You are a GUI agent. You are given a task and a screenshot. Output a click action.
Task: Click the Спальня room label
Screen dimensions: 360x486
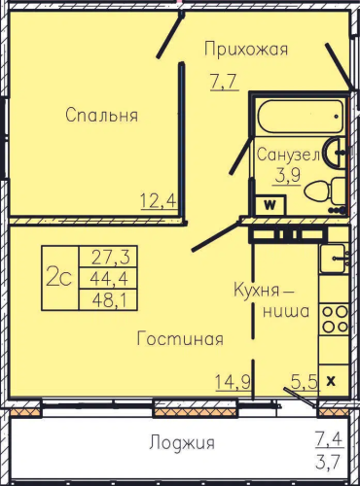102,115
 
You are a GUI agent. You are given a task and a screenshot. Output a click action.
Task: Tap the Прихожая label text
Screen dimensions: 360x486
246,50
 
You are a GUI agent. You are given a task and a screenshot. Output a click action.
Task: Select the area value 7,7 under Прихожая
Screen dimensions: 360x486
225,82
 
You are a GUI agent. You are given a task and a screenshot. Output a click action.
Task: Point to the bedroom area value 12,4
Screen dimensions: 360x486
159,200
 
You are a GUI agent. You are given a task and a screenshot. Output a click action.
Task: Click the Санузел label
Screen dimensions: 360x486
289,155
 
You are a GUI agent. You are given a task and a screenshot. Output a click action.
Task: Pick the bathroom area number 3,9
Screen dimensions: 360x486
287,175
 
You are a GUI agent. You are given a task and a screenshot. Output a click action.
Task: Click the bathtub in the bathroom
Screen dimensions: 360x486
301,116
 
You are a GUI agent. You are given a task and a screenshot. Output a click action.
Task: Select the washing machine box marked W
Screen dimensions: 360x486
270,205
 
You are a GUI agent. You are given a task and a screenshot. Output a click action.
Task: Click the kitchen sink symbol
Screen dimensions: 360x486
333,259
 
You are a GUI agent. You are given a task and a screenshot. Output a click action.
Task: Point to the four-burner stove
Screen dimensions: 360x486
335,320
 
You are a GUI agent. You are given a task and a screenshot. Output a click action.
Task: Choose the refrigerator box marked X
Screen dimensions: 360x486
331,381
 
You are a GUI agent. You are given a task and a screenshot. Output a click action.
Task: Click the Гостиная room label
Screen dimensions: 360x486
180,339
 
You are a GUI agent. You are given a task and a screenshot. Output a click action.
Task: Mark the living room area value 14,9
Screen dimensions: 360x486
233,382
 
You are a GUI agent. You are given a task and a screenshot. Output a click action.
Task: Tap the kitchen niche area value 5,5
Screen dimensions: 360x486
304,382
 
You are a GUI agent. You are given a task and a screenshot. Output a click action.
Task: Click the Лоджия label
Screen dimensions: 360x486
182,442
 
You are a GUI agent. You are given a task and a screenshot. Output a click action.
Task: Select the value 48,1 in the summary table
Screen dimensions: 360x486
110,300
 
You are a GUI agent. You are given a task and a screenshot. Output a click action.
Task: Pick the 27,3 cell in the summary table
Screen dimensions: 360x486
110,257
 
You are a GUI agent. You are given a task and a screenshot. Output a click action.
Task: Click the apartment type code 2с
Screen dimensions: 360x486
58,278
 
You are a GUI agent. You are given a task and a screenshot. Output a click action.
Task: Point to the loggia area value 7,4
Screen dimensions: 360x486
329,439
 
